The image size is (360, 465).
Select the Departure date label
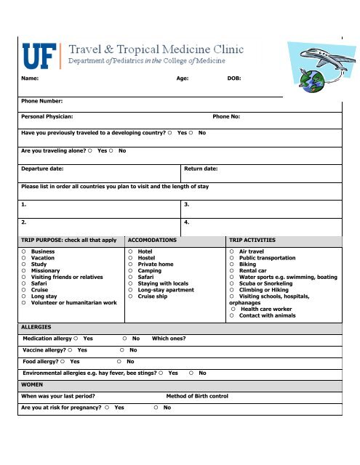pos(42,168)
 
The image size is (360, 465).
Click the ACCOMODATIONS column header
pos(153,239)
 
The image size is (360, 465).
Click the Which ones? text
pos(169,339)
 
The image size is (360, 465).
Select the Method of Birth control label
pos(198,395)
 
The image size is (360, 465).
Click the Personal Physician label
pos(47,116)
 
